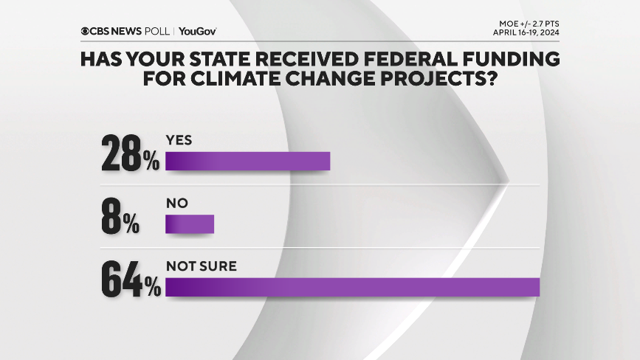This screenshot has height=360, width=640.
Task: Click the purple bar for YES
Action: pyautogui.click(x=247, y=161)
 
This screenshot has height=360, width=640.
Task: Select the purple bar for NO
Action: pyautogui.click(x=190, y=224)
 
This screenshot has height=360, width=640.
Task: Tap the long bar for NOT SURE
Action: pyautogui.click(x=352, y=287)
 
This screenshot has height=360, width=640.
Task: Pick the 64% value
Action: pyautogui.click(x=131, y=280)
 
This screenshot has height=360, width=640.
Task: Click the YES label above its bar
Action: pyautogui.click(x=179, y=139)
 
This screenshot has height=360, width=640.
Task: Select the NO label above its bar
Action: pyautogui.click(x=177, y=203)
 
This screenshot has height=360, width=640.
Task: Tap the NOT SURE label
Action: pyautogui.click(x=201, y=266)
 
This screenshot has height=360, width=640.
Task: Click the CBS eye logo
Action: pyautogui.click(x=86, y=31)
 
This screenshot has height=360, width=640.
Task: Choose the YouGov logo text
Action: pyautogui.click(x=197, y=31)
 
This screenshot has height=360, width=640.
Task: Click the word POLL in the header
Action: pyautogui.click(x=157, y=31)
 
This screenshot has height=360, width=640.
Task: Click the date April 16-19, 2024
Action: pyautogui.click(x=525, y=32)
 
